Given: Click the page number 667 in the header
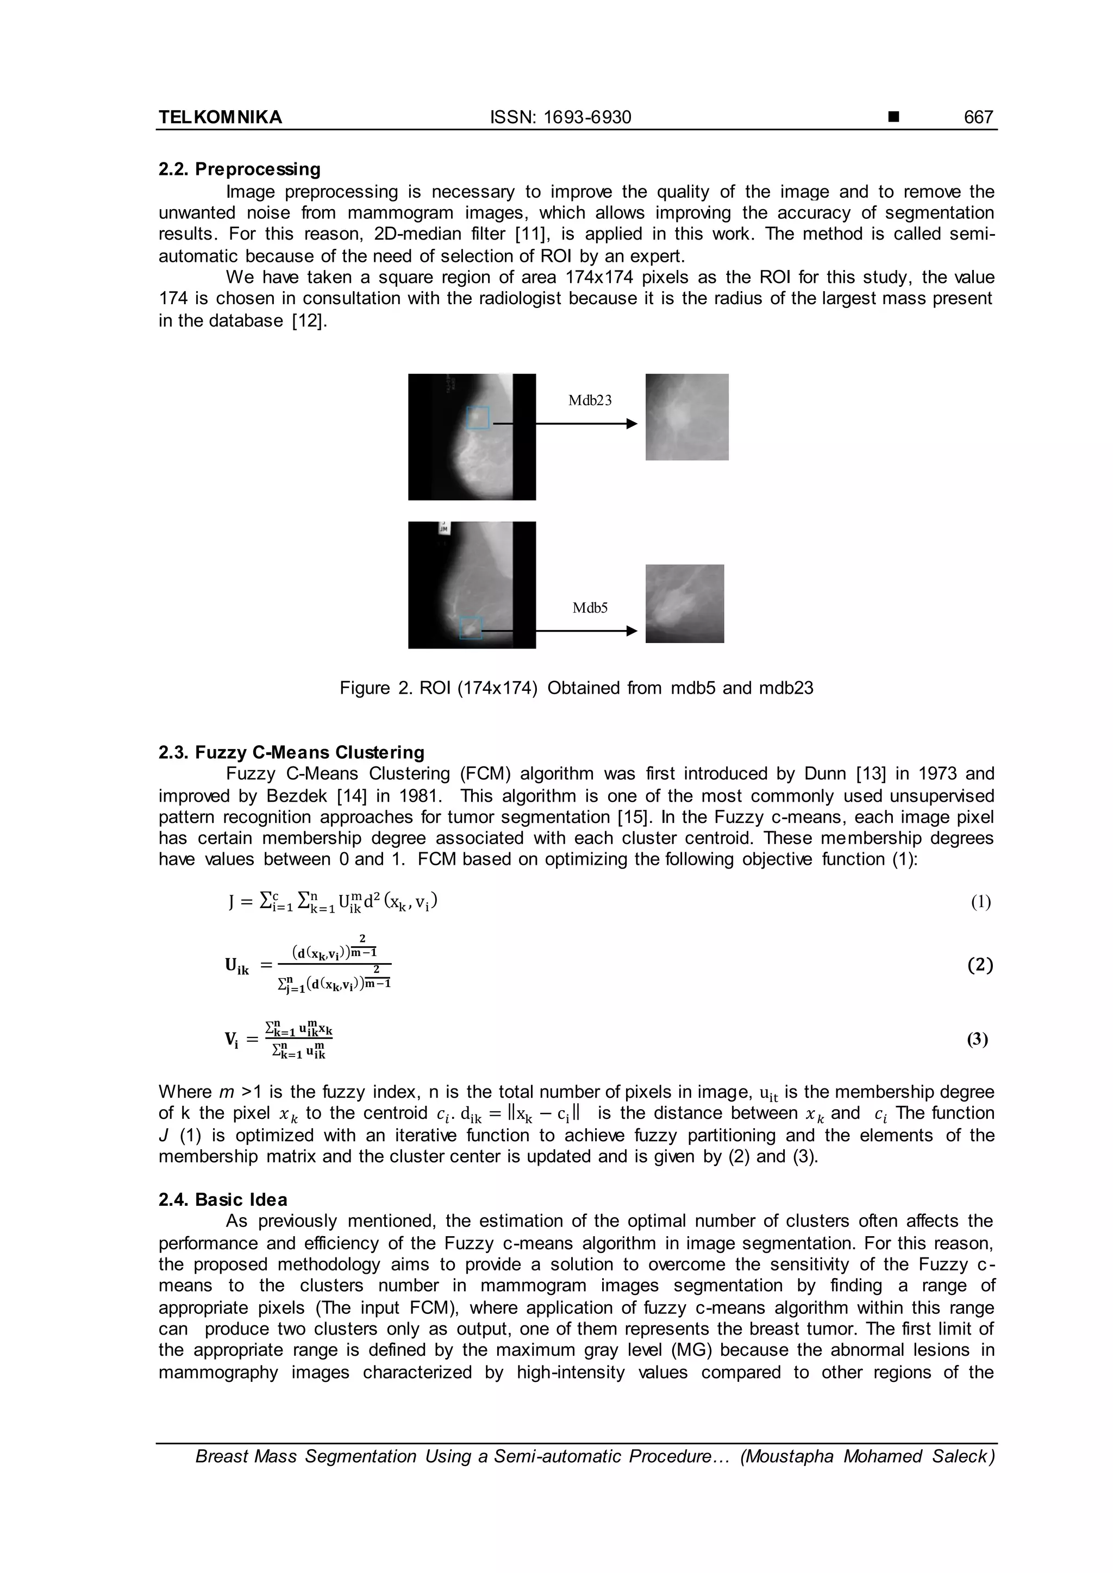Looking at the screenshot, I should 978,117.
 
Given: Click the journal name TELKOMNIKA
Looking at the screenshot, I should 220,117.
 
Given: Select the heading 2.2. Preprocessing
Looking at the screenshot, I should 239,169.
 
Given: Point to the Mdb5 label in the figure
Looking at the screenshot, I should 590,608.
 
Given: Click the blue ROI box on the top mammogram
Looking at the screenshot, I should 478,418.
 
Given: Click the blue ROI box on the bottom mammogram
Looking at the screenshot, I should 472,627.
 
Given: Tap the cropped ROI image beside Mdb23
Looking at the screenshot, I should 687,417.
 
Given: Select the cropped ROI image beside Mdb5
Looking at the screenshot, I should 685,603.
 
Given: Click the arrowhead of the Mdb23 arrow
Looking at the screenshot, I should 632,424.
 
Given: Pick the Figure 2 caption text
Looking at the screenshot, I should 577,688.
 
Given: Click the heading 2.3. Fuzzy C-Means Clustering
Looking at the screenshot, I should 291,752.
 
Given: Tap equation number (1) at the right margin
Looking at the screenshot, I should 981,902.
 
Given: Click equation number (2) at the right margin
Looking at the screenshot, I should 980,965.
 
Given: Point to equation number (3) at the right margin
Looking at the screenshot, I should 978,1040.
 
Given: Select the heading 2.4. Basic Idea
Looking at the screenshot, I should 223,1200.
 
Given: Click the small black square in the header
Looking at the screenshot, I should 893,117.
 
